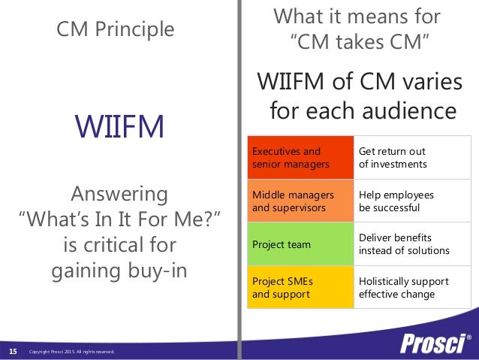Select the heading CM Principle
coord(116,29)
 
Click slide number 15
coord(13,351)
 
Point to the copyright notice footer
coord(71,352)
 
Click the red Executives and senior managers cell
coord(300,157)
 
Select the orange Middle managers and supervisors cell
coord(300,201)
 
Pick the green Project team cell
coord(300,244)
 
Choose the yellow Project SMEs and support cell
coord(300,287)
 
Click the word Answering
coord(119,195)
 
